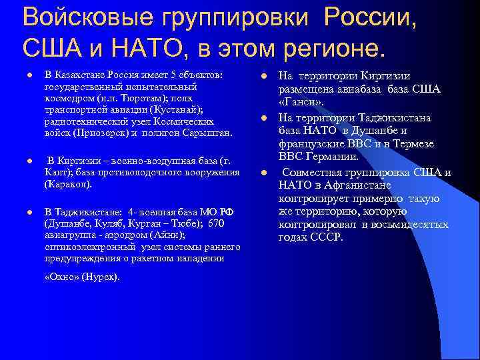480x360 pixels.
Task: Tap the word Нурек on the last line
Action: click(101, 276)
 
